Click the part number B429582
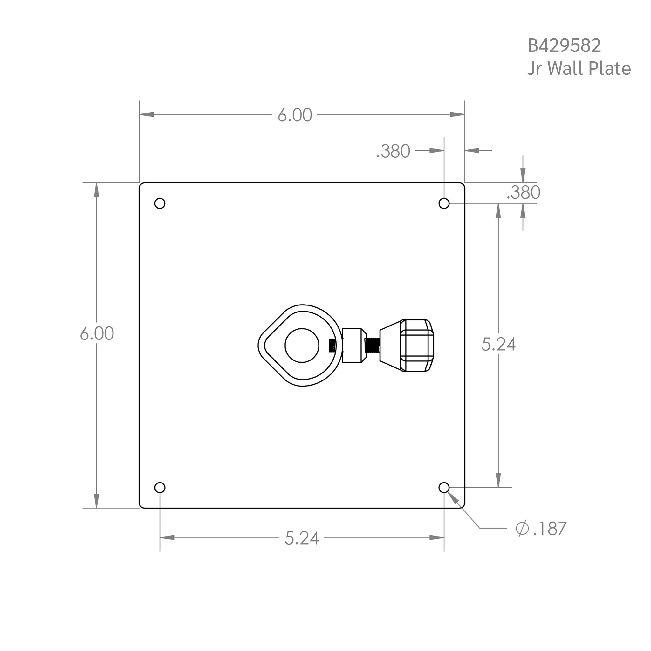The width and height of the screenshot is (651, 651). [564, 45]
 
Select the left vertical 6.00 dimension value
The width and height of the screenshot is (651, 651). [97, 333]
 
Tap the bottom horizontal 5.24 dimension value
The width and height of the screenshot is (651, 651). [302, 538]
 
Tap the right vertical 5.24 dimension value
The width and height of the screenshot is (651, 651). [498, 344]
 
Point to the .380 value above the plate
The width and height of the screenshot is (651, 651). [393, 151]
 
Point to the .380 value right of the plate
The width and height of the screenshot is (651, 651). [523, 193]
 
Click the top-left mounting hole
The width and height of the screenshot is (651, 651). [160, 203]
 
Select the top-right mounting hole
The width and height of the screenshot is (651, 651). [444, 203]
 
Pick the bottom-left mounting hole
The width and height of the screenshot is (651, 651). [160, 488]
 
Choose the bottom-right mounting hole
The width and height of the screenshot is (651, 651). [444, 488]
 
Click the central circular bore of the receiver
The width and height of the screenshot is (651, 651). [302, 346]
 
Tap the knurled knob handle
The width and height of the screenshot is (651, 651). [416, 346]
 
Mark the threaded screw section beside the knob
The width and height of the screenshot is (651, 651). [372, 346]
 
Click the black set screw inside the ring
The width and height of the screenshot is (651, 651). [332, 346]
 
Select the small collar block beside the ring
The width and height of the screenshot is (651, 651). [353, 346]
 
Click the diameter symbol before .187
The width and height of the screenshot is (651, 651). [522, 528]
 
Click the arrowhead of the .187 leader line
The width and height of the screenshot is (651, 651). [453, 498]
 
